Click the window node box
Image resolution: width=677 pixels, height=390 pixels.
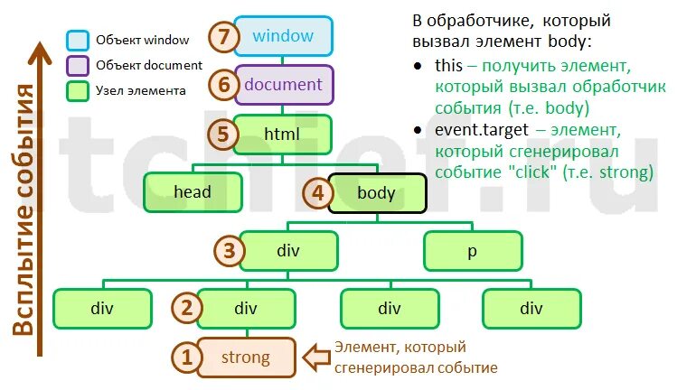[x=284, y=37]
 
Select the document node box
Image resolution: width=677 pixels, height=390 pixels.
[x=284, y=86]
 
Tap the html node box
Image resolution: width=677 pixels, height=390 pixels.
[x=282, y=135]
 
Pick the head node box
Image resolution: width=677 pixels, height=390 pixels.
[x=193, y=192]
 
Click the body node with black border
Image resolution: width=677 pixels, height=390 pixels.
[x=376, y=192]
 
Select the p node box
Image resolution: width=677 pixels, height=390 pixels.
[x=472, y=251]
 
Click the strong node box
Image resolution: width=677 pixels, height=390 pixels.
[x=246, y=357]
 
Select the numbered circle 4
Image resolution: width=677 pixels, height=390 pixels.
[x=316, y=193]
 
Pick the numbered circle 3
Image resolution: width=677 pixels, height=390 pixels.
[x=230, y=251]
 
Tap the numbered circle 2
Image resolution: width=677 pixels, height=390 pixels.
[x=187, y=308]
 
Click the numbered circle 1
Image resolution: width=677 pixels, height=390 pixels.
[x=187, y=357]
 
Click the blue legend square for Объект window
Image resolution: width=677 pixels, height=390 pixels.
[x=77, y=41]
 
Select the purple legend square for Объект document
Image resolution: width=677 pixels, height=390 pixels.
[x=77, y=65]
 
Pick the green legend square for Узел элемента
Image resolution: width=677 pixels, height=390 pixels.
[x=77, y=90]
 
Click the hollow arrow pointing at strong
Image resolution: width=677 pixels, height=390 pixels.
[x=316, y=357]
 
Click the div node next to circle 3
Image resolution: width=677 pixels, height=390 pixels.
[x=288, y=251]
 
